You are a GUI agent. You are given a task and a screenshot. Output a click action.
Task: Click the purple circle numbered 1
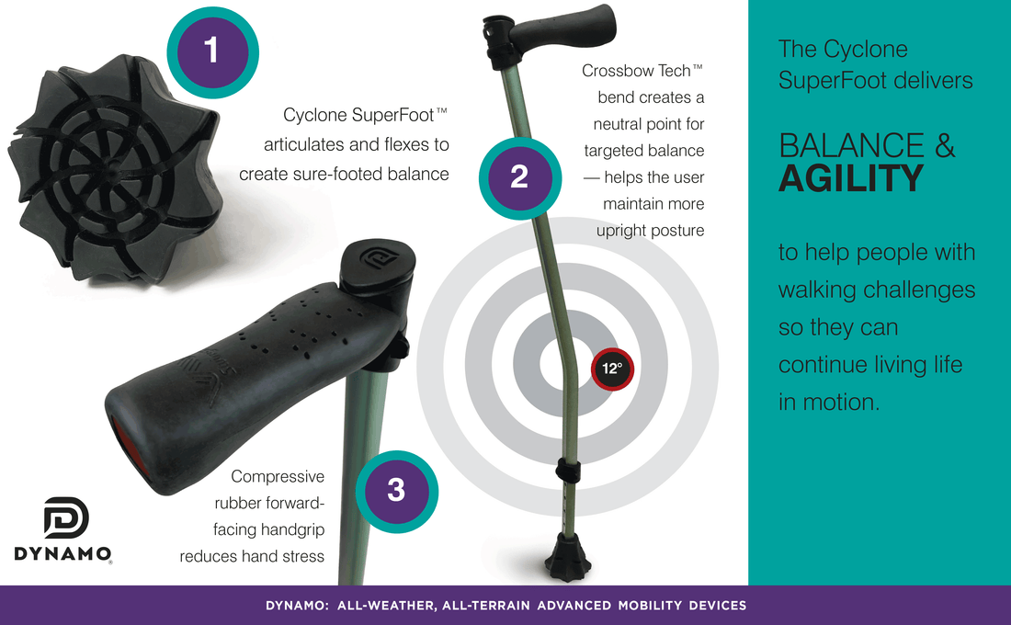click(213, 51)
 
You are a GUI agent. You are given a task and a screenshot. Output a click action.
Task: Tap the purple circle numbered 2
click(519, 177)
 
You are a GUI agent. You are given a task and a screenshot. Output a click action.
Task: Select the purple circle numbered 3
click(396, 491)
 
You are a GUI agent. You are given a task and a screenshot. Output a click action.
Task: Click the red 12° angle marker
click(612, 369)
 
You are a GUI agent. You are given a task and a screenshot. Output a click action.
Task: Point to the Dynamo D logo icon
click(66, 517)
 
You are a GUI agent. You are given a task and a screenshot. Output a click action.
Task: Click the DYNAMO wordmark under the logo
click(62, 554)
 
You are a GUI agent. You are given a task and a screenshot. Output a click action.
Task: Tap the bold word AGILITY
click(851, 178)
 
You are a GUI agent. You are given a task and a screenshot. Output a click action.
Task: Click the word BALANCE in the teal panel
click(852, 145)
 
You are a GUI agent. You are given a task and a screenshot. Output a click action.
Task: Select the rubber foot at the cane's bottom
click(567, 559)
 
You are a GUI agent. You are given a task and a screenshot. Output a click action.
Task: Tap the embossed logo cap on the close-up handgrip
click(378, 266)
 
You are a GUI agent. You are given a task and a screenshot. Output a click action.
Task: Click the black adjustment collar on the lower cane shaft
click(567, 471)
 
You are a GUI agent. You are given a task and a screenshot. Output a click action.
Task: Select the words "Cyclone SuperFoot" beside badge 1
click(358, 116)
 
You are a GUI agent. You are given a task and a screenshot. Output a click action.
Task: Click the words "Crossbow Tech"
click(636, 71)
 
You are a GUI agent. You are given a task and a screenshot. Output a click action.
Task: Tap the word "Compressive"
click(278, 477)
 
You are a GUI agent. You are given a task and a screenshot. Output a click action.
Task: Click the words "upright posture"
click(650, 231)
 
